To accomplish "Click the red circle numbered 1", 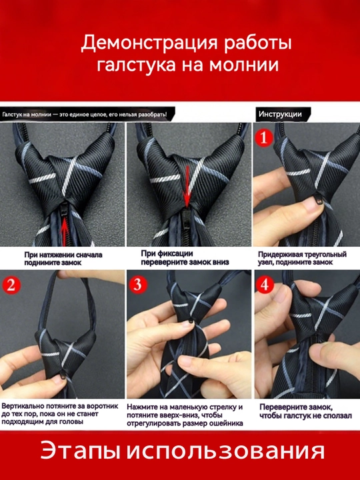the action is (263, 138).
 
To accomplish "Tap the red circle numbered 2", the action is (11, 285).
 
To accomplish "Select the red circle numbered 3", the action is (138, 285).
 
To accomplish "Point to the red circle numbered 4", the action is (265, 285).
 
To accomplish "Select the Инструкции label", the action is (280, 115).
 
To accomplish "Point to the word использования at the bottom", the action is (225, 451).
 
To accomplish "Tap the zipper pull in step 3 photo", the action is (191, 321).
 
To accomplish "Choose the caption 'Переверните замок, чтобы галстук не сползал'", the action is (305, 411).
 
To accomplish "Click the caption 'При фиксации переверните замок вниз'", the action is (185, 258).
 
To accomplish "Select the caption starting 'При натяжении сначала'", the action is (63, 259).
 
